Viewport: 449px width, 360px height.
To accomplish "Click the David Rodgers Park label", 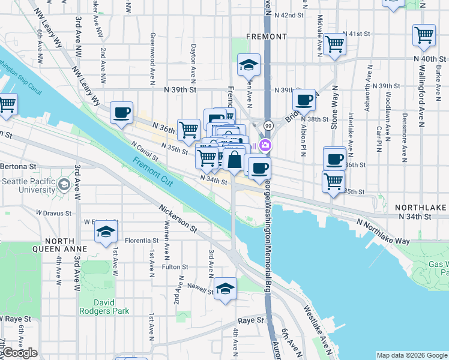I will coord(104,306).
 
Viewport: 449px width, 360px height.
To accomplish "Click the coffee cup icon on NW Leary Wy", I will coord(122,112).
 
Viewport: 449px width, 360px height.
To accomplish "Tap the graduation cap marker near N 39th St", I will coord(248,64).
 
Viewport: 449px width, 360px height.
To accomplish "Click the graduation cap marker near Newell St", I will coord(225,289).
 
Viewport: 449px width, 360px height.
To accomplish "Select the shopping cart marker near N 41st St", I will coord(334,43).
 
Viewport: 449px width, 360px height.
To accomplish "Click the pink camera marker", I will coord(265,146).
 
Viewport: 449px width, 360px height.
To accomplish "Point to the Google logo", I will coord(19,353).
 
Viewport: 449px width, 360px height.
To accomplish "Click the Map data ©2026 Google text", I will coord(411,355).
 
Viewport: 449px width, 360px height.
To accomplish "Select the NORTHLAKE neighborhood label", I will coord(421,207).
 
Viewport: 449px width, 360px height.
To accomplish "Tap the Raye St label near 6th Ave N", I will coord(252,320).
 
